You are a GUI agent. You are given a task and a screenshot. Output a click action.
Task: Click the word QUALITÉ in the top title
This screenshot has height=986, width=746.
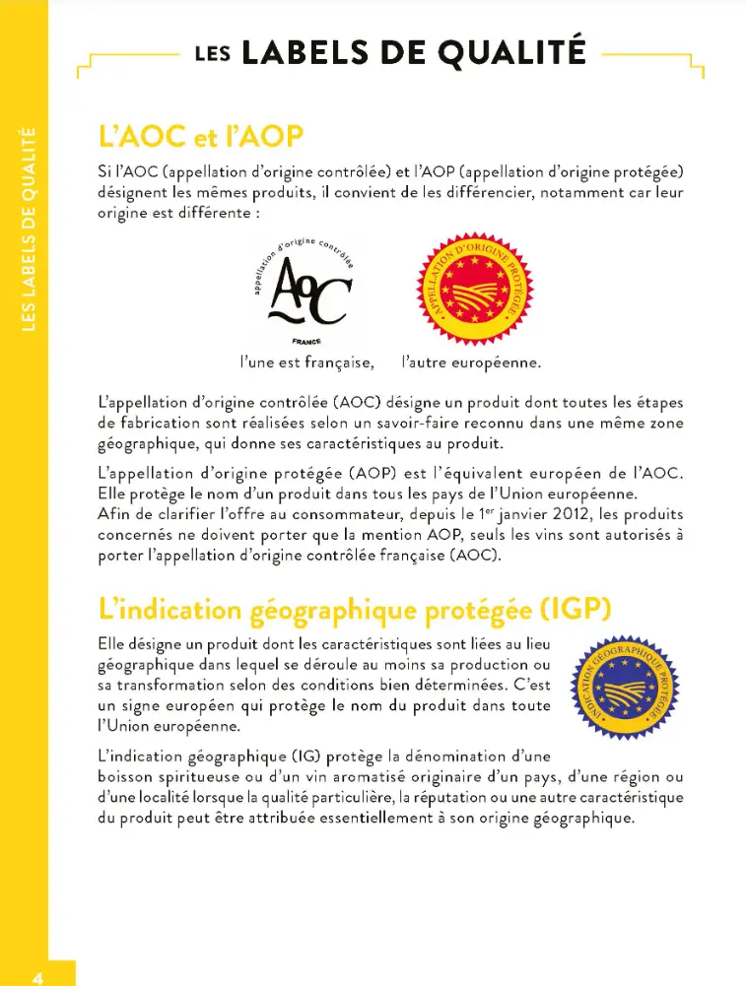504,50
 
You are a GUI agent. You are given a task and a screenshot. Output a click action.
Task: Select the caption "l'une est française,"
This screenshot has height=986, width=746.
306,362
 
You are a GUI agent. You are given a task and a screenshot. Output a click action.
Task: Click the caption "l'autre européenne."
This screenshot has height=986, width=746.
472,362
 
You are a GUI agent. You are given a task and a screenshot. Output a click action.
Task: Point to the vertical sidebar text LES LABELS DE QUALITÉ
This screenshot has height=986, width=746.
28,227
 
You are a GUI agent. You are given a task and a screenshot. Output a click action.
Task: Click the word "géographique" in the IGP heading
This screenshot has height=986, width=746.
330,610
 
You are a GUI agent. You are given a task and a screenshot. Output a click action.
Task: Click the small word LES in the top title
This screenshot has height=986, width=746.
213,54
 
